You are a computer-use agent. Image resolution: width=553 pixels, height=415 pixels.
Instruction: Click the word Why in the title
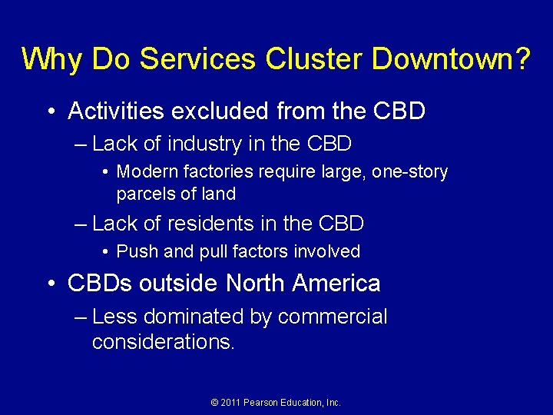click(50, 58)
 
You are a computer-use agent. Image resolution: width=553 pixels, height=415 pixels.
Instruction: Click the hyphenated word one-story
click(409, 171)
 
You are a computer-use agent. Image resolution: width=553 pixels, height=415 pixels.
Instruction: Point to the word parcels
click(142, 194)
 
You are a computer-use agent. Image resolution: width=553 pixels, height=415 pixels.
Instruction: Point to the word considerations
click(162, 341)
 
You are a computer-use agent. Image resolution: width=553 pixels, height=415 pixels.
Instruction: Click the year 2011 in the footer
click(232, 403)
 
